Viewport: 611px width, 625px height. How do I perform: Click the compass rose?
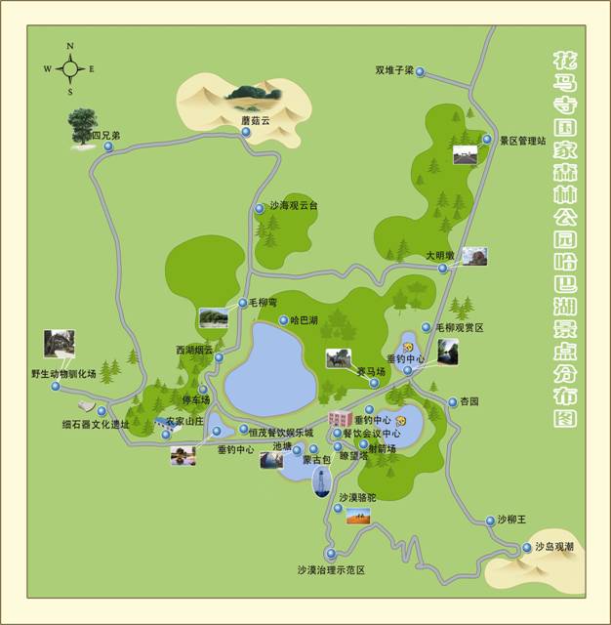pyautogui.click(x=69, y=68)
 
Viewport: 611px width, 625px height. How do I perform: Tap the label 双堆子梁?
pyautogui.click(x=394, y=70)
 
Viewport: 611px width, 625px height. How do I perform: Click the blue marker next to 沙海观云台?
pyautogui.click(x=259, y=208)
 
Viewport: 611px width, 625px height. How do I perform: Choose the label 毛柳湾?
pyautogui.click(x=264, y=304)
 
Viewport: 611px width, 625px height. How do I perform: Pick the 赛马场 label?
pyautogui.click(x=370, y=371)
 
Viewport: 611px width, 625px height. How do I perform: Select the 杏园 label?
pyautogui.click(x=469, y=401)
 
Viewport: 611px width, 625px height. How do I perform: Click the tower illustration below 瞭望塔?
pyautogui.click(x=319, y=481)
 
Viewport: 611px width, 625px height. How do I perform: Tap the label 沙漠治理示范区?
pyautogui.click(x=331, y=569)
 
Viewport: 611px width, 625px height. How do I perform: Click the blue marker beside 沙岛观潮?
pyautogui.click(x=527, y=548)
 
